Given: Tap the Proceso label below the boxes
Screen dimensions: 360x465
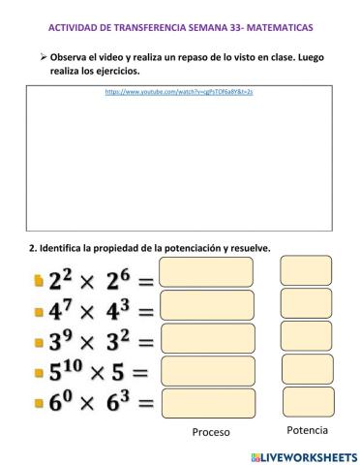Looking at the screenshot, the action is point(210,432).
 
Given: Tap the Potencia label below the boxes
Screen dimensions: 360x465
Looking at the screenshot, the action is point(307,429).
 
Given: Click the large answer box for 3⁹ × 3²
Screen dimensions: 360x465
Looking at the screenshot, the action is point(206,338).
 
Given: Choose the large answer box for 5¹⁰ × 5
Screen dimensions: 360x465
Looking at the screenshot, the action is point(206,371).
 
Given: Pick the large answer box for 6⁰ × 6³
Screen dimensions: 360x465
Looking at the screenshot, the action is point(206,402).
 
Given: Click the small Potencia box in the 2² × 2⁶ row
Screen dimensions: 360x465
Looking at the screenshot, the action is point(306,272).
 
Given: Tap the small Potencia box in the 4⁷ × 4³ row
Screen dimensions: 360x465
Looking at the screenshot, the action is point(306,304).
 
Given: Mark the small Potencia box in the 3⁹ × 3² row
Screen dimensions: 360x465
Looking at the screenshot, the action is point(306,335).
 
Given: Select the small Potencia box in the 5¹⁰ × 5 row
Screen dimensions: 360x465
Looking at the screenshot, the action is point(306,369).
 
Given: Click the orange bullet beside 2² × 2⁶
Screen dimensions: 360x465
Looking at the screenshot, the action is point(38,281).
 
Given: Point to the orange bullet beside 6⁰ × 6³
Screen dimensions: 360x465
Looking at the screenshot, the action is point(38,402).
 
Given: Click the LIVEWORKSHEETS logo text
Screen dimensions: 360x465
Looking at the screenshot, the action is point(307,455).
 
